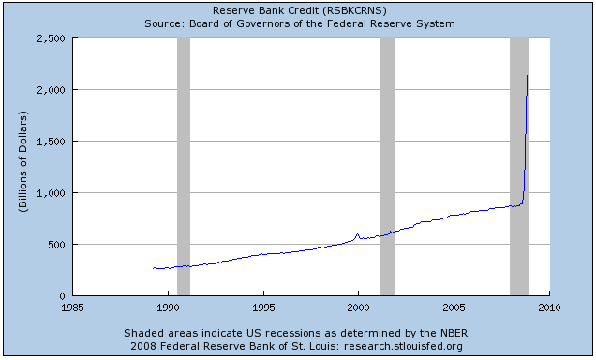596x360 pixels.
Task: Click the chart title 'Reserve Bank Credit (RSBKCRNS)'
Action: point(300,10)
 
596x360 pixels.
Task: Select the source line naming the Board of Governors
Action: point(300,24)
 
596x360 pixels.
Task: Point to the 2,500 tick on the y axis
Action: point(52,38)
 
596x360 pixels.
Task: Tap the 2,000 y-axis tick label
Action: point(52,90)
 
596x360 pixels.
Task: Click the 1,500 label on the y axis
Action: point(52,142)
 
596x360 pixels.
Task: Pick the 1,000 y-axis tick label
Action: point(52,193)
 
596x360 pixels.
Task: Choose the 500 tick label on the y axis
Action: point(56,245)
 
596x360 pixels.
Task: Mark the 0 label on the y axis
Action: point(63,296)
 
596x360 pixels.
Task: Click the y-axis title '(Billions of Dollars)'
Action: point(23,161)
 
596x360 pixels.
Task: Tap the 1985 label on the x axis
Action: point(72,307)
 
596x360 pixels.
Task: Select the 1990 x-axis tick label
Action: point(168,307)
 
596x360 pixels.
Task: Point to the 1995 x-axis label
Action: point(263,307)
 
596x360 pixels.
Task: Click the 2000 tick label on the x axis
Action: point(358,307)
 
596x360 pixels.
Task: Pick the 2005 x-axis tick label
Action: point(454,307)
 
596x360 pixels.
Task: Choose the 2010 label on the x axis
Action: point(549,307)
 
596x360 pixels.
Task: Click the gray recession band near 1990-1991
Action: point(184,167)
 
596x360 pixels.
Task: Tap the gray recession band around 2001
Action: point(387,167)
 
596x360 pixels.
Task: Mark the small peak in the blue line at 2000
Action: point(357,234)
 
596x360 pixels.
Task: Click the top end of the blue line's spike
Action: point(527,75)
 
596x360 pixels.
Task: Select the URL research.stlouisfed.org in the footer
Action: point(403,346)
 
